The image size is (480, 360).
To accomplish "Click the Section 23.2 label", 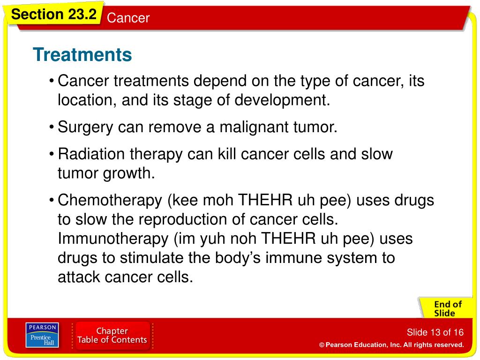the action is [x=53, y=14].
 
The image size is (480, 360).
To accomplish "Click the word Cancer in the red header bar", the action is [x=128, y=18].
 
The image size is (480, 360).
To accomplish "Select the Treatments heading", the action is [x=82, y=54].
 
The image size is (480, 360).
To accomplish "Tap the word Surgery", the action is [x=85, y=127].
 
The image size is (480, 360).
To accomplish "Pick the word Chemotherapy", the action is [x=110, y=201].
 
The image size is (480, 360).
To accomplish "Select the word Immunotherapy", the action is [x=113, y=239].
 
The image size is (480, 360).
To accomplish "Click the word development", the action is [x=282, y=100].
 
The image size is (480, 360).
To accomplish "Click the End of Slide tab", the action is [x=447, y=308].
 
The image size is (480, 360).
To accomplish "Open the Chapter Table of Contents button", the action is [x=112, y=335].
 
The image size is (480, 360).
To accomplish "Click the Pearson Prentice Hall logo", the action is [x=42, y=335].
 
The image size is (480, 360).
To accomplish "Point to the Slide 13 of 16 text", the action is [x=435, y=332].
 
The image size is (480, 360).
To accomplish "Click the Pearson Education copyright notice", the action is [x=391, y=345].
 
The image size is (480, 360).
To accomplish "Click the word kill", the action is [x=226, y=154].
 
